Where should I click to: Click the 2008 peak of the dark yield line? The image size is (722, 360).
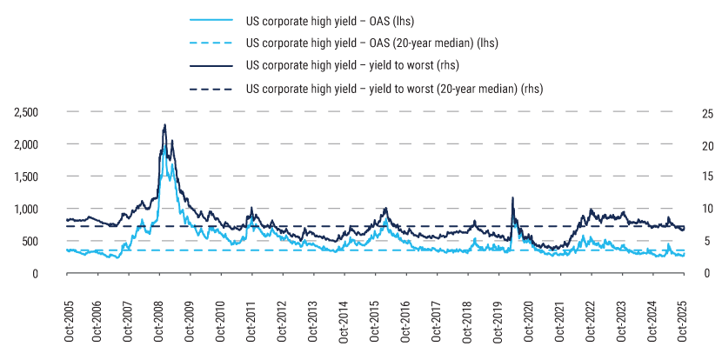164,125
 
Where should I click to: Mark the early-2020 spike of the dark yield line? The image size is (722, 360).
513,198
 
